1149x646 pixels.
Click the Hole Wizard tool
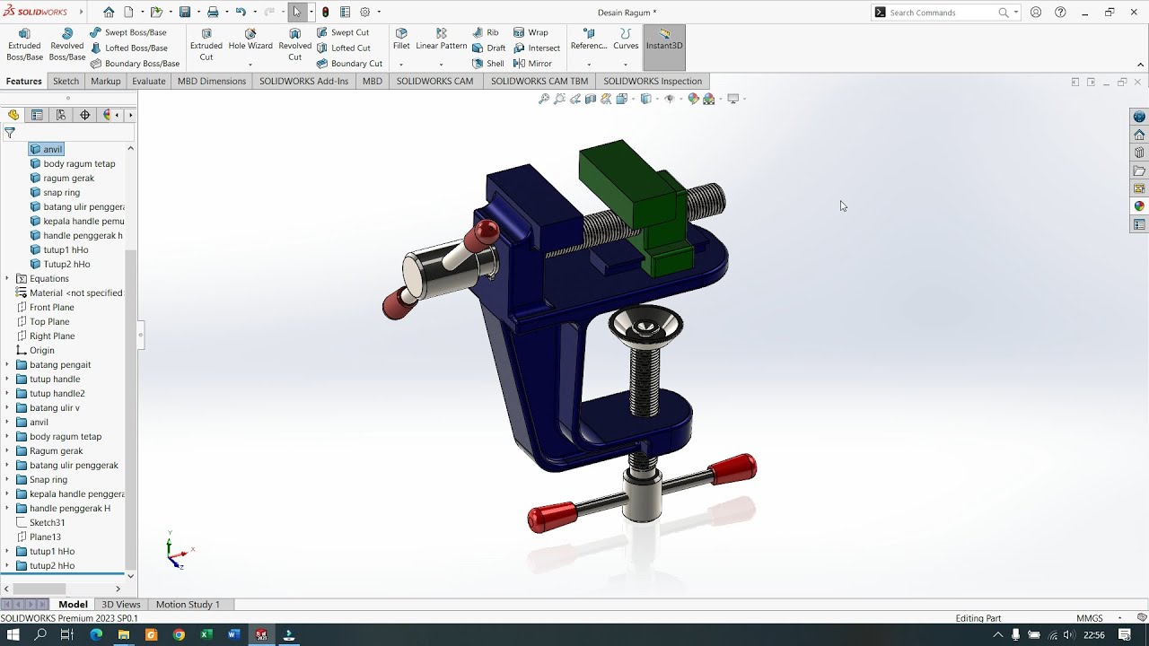250,39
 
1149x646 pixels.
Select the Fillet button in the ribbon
401,39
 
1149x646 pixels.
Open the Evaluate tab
148,81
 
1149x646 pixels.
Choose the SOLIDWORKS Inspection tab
652,81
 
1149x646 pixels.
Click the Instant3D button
664,39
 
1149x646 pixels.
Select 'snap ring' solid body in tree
61,192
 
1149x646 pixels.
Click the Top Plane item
49,321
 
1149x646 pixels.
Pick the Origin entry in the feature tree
41,350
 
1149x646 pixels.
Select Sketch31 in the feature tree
47,522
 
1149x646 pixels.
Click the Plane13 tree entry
45,537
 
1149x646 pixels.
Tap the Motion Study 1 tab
188,605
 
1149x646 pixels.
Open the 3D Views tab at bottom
120,605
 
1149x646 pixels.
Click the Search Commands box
943,13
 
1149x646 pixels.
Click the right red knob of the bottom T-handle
733,468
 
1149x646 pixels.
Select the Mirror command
533,64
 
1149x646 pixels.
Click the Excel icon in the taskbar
206,635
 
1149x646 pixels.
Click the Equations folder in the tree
48,278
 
